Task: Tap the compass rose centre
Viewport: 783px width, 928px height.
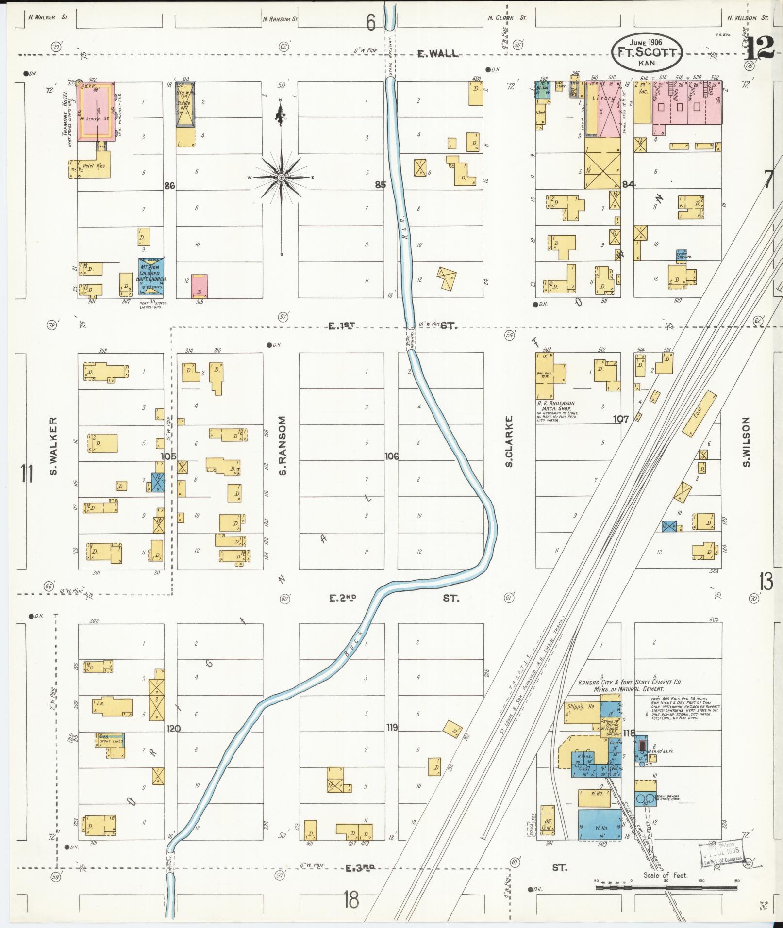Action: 281,178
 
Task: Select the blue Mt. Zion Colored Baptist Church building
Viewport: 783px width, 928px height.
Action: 151,277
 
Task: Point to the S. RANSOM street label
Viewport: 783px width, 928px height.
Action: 283,445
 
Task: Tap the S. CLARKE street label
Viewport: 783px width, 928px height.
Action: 509,441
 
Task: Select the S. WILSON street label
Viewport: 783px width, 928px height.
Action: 746,441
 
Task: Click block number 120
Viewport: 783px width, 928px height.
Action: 173,728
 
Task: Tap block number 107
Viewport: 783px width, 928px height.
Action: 620,418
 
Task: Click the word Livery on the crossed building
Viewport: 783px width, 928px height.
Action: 603,98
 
